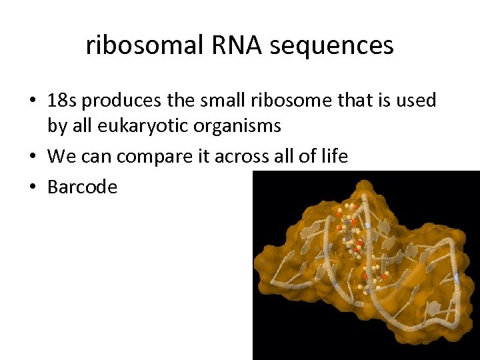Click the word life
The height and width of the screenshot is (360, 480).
tap(333, 157)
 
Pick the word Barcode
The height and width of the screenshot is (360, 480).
tap(82, 187)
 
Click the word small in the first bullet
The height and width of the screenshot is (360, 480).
tap(235, 101)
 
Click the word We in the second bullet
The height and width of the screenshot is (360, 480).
tap(62, 157)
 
